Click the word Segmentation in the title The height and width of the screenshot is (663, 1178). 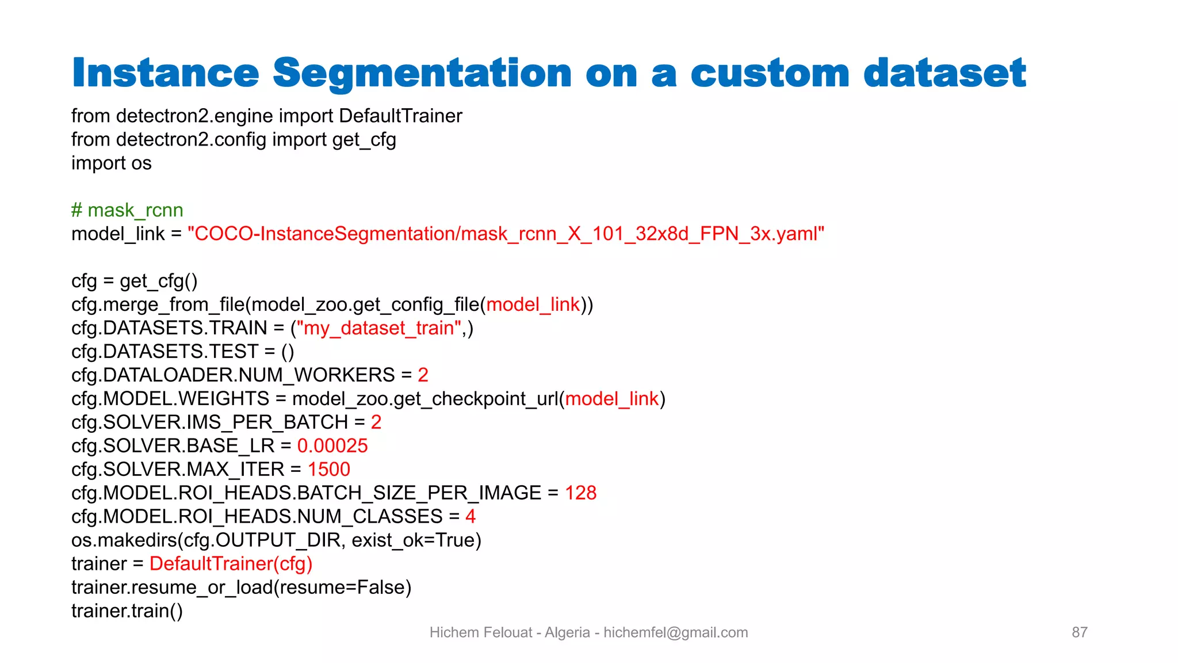point(422,74)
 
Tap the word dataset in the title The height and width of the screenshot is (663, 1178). point(944,74)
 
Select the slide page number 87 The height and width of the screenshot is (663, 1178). point(1079,632)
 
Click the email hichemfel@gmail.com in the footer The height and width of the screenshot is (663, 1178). point(675,632)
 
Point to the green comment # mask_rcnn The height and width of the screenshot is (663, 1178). point(127,211)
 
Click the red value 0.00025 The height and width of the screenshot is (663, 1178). point(332,446)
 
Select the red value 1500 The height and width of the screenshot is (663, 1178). point(328,470)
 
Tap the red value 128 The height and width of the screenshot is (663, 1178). point(580,493)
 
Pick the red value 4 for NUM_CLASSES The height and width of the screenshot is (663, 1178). point(471,517)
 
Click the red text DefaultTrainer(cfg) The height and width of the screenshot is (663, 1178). point(231,564)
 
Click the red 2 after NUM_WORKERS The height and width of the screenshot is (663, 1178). point(423,375)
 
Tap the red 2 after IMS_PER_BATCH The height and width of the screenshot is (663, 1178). point(376,422)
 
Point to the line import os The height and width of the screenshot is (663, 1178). point(111,163)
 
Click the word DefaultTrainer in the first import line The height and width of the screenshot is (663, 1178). point(400,116)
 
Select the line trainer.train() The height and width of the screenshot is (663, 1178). point(127,611)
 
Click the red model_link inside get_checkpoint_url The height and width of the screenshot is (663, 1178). point(611,399)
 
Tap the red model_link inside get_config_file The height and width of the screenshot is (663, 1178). point(533,304)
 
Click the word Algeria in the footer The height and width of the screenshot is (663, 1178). point(567,632)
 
